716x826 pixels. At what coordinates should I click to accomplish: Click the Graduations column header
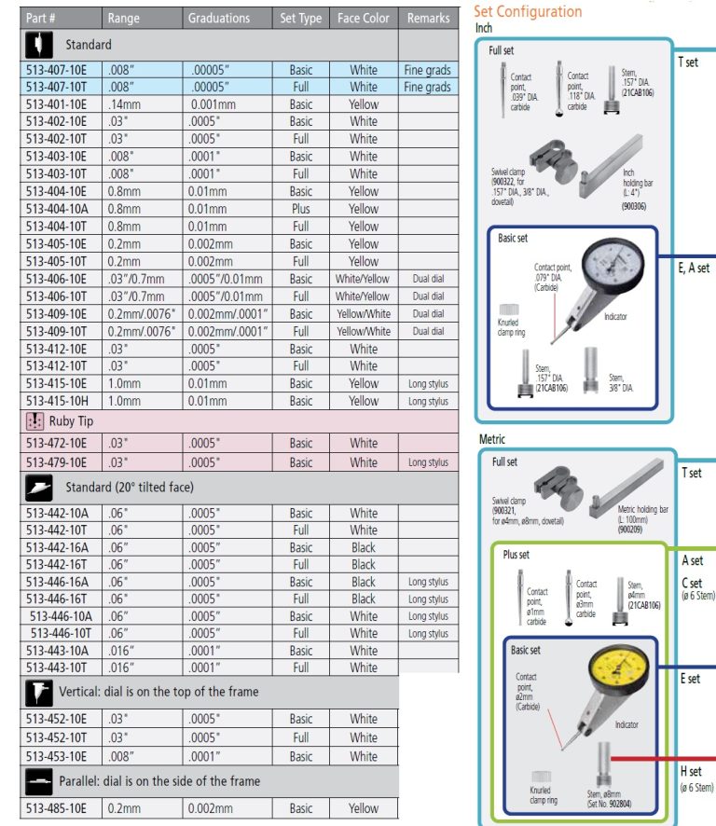click(218, 18)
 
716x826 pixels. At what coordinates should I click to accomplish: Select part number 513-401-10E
click(56, 104)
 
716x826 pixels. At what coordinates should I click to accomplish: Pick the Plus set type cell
click(300, 209)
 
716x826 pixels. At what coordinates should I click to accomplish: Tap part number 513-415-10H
click(56, 401)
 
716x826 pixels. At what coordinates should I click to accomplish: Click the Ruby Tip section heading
click(75, 420)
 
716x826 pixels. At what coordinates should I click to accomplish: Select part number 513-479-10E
click(56, 462)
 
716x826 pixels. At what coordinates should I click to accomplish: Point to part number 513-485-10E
click(56, 808)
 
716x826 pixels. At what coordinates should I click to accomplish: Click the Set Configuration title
click(528, 11)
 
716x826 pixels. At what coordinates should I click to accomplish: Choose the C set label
click(693, 583)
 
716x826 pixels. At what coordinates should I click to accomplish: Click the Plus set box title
click(516, 555)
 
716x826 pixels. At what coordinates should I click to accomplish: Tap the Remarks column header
click(428, 18)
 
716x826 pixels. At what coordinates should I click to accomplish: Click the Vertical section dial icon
click(38, 692)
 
